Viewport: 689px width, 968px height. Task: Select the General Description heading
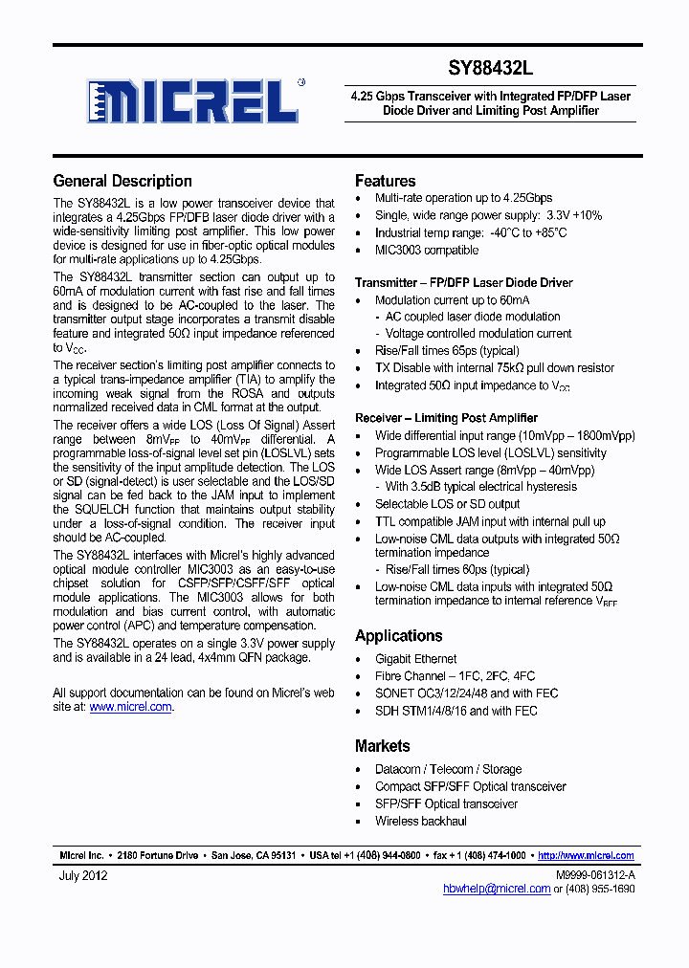coord(122,181)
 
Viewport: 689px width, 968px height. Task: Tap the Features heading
coord(385,181)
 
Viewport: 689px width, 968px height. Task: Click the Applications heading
coord(398,636)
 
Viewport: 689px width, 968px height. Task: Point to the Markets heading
coord(382,746)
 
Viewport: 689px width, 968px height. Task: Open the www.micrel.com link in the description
coord(130,707)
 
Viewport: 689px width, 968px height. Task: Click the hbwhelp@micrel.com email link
coord(497,889)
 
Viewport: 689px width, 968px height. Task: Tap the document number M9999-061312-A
coord(594,875)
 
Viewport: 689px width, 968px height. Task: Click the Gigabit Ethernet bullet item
coord(415,659)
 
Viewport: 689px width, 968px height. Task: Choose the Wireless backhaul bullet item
coord(420,821)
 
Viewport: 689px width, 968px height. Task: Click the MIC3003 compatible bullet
coord(426,251)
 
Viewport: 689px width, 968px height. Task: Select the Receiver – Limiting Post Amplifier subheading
coord(446,418)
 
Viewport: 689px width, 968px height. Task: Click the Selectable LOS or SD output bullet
coord(447,504)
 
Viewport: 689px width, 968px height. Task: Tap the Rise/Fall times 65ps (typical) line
coord(448,351)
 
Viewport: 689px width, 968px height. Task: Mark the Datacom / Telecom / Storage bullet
coord(448,769)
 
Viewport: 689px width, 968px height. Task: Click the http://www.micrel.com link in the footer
coord(586,856)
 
